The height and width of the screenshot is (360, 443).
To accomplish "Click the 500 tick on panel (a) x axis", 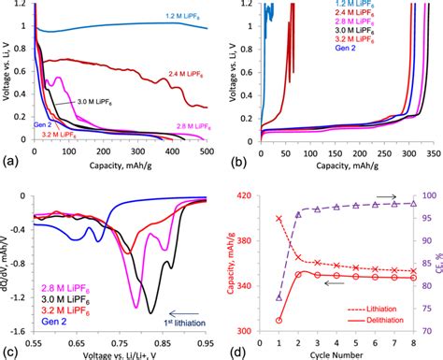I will click(x=207, y=150).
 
